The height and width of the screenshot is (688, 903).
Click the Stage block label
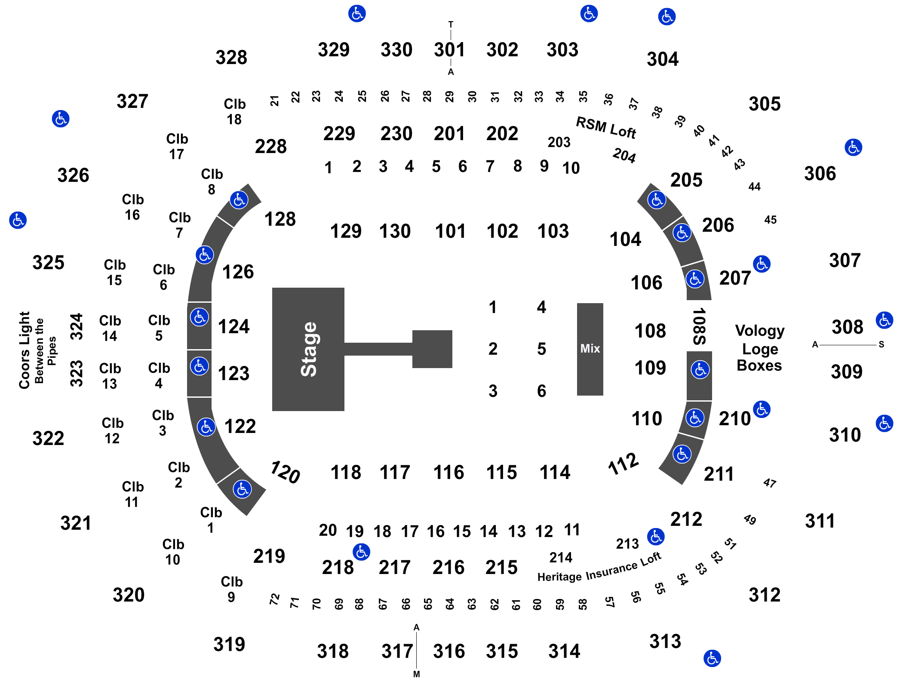pos(309,349)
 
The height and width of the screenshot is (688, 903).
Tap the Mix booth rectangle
pos(590,349)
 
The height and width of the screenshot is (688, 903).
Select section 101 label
pos(450,231)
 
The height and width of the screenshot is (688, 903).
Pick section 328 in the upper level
pos(231,57)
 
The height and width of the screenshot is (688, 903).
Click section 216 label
pos(448,567)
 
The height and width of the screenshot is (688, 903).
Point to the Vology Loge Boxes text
pos(760,348)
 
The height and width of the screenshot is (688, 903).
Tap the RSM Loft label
pos(606,128)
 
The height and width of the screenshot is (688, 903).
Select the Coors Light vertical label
pos(24,350)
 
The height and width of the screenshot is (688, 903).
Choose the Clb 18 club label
pos(234,111)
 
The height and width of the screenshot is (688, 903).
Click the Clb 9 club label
pos(231,589)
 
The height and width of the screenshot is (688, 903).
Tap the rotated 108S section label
pos(699,326)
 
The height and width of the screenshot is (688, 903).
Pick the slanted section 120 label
pos(285,472)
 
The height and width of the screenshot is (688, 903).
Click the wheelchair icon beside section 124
pos(200,317)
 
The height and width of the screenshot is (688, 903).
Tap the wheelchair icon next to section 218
pos(361,552)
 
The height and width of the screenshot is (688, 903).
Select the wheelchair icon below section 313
pos(712,658)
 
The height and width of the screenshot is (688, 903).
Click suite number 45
pos(771,220)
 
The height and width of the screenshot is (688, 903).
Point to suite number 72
pos(274,599)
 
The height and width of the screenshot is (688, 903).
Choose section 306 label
pos(820,173)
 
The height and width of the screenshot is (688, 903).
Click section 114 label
pos(555,472)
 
